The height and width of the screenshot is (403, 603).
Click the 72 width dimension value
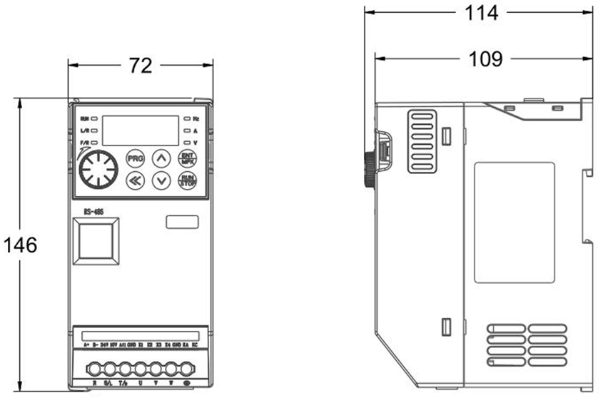pos(141,66)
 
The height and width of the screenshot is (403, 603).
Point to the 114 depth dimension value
pos(482,12)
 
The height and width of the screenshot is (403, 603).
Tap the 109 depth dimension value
pos(485,58)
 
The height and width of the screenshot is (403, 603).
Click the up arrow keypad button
pos(163,158)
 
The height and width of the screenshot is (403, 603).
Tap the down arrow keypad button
pos(163,180)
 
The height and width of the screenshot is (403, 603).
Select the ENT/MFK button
pos(188,158)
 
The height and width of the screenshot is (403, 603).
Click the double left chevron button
pos(135,180)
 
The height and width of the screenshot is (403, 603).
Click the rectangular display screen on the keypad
pos(141,131)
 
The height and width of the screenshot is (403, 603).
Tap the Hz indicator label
pos(196,118)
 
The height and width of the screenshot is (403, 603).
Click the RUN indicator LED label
pos(85,118)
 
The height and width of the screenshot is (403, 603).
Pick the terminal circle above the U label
pos(141,369)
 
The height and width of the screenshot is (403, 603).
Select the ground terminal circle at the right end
pos(187,369)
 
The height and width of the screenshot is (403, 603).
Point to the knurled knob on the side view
pos(369,168)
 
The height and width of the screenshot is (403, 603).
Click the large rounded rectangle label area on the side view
pos(514,222)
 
